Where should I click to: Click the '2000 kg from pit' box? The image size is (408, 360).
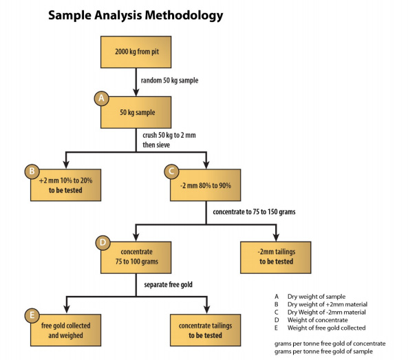(136, 52)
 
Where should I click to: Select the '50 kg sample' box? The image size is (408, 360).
(136, 112)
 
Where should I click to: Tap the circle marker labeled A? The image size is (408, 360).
(101, 98)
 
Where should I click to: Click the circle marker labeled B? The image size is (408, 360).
(32, 171)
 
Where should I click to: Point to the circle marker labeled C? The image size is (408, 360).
(171, 171)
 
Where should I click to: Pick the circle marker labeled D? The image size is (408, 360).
(103, 242)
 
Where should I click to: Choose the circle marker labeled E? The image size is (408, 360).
(32, 315)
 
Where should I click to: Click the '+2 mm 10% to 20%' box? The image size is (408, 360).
(65, 185)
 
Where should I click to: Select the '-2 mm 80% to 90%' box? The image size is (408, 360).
(205, 185)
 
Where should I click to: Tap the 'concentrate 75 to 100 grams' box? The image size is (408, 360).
(136, 257)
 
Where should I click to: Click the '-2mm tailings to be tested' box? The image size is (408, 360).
(276, 257)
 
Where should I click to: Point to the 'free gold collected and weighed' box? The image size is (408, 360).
(65, 330)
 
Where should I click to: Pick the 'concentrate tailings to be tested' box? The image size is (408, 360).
(205, 330)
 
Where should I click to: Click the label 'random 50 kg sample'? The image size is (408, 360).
(169, 81)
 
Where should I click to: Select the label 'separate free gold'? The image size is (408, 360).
(168, 284)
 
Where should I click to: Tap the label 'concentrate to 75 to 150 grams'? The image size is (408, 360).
(254, 212)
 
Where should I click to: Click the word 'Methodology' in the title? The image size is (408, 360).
(184, 16)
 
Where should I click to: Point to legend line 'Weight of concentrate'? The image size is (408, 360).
(317, 320)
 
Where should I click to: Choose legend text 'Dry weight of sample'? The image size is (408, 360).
(316, 297)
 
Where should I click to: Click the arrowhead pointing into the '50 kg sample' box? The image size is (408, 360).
(136, 92)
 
